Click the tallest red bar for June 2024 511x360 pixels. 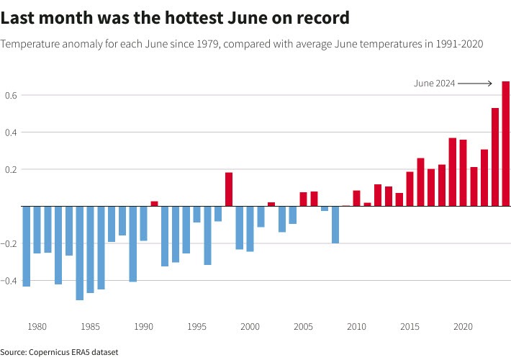(506, 144)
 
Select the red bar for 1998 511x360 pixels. (229, 189)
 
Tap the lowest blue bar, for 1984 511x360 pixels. (80, 253)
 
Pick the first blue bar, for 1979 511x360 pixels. (27, 246)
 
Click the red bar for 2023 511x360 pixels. (495, 157)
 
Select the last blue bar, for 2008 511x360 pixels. (335, 225)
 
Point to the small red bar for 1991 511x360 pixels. (154, 204)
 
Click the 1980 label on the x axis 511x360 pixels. (37, 327)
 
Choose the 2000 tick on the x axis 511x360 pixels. (250, 327)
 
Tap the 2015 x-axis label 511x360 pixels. (410, 327)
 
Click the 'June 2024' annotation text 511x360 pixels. (434, 84)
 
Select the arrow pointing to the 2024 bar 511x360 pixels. (475, 84)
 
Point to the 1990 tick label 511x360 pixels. (144, 327)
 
